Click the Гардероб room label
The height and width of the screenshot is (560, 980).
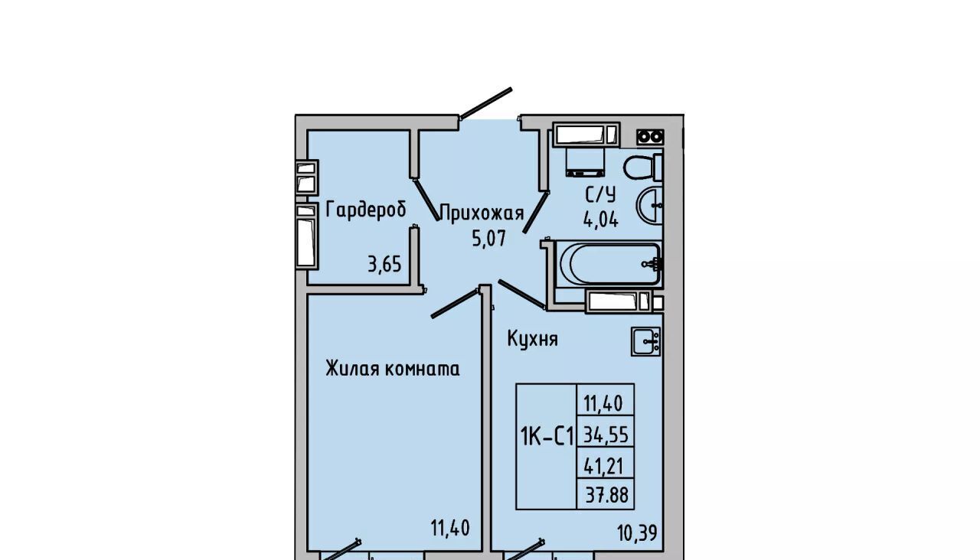pyautogui.click(x=366, y=210)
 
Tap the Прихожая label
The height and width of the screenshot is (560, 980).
pyautogui.click(x=482, y=213)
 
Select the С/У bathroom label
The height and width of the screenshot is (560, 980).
pyautogui.click(x=601, y=194)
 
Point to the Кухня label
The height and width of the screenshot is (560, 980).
pyautogui.click(x=532, y=339)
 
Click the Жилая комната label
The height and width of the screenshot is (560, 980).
pyautogui.click(x=393, y=369)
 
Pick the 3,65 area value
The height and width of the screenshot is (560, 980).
pyautogui.click(x=384, y=265)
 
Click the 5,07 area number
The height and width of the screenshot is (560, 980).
pyautogui.click(x=488, y=239)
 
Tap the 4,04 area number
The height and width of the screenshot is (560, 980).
pyautogui.click(x=601, y=219)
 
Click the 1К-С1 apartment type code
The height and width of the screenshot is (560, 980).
pyautogui.click(x=547, y=437)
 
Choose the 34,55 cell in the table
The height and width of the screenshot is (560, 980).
pyautogui.click(x=606, y=435)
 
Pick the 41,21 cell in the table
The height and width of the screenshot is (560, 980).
pyautogui.click(x=603, y=467)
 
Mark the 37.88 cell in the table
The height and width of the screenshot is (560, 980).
pyautogui.click(x=607, y=496)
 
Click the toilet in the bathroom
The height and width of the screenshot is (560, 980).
pyautogui.click(x=642, y=167)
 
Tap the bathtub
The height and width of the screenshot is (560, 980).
pyautogui.click(x=610, y=264)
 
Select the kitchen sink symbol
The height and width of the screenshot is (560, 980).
pyautogui.click(x=645, y=341)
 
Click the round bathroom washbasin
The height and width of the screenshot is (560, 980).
pyautogui.click(x=650, y=205)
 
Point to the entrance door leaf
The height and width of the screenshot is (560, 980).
pyautogui.click(x=485, y=103)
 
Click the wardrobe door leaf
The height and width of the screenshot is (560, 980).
pyautogui.click(x=426, y=200)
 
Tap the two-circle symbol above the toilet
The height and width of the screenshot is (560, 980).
pyautogui.click(x=650, y=137)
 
